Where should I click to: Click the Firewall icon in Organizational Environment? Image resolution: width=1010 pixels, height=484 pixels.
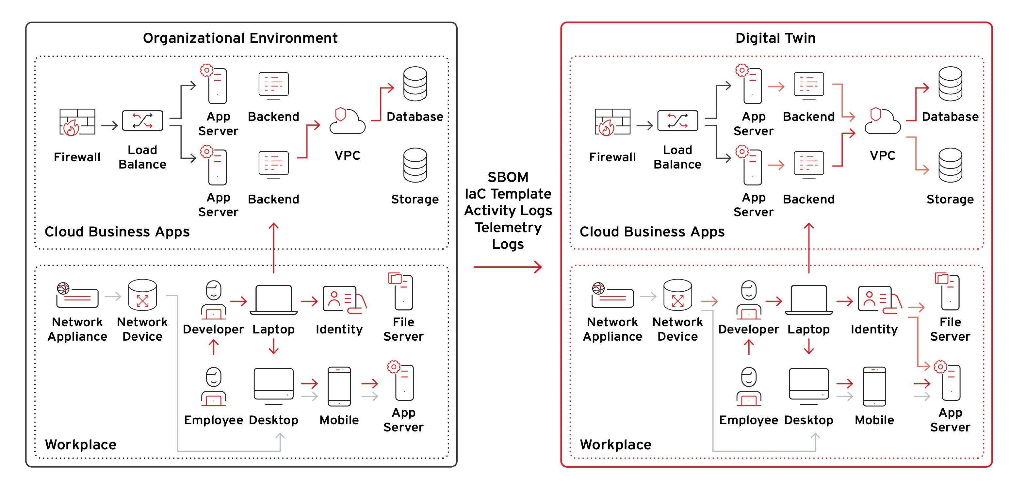coord(77,122)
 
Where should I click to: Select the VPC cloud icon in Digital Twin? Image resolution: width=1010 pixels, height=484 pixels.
coord(882,121)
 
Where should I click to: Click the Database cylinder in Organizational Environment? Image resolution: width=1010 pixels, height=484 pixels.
coord(415,84)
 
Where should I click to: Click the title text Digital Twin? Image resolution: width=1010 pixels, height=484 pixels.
coord(775,38)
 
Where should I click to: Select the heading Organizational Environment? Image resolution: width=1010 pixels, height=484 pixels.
coord(240,38)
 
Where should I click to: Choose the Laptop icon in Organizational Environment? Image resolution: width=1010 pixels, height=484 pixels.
coord(273,300)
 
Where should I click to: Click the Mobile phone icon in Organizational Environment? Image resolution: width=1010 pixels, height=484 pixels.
coord(339,386)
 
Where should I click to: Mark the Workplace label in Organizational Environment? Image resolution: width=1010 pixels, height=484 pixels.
coord(80,444)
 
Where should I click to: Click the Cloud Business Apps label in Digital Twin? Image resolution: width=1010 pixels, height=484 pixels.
coord(652,232)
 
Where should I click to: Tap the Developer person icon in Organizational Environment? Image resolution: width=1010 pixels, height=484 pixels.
coord(213,300)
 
